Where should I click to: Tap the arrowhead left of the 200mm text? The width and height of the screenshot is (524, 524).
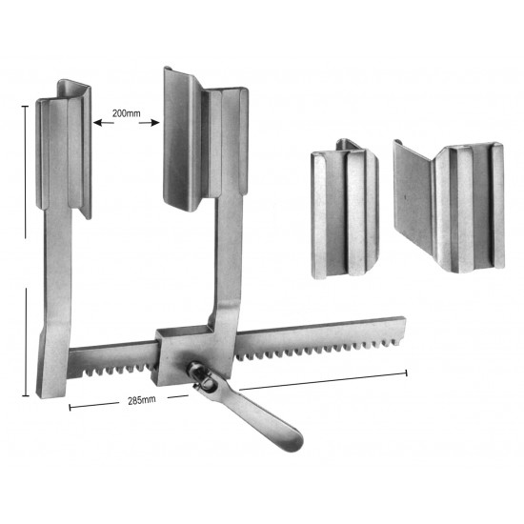point(97,122)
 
